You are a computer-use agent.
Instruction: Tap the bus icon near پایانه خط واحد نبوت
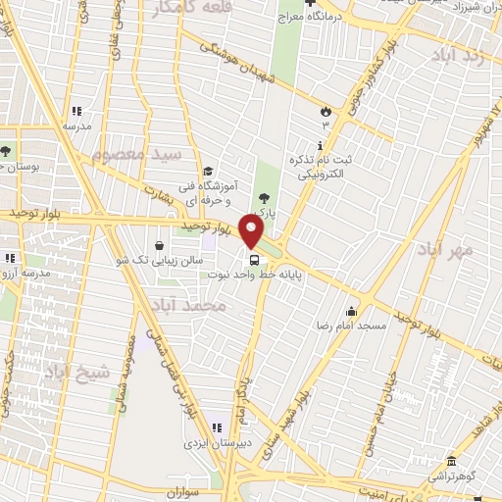point(255,260)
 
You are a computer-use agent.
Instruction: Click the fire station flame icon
point(326,110)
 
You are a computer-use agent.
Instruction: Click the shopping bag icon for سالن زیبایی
point(160,244)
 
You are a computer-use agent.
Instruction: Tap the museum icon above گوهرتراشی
point(450,461)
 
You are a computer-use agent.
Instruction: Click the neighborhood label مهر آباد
point(450,250)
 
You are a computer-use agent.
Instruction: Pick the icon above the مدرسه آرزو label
point(10,258)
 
